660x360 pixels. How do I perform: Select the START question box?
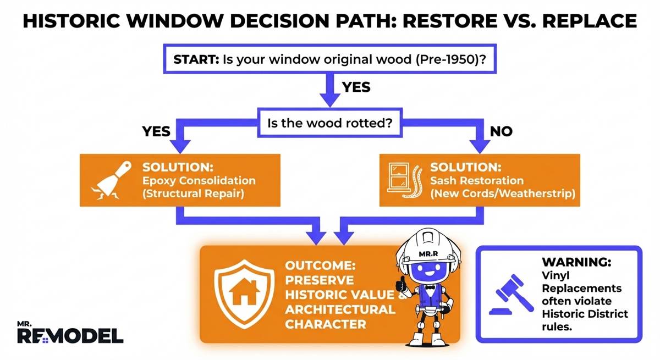329,60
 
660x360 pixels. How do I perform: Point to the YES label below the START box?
356,87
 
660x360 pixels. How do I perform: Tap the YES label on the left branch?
156,131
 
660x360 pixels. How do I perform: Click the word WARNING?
575,262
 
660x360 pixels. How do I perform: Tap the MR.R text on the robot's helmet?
427,254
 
